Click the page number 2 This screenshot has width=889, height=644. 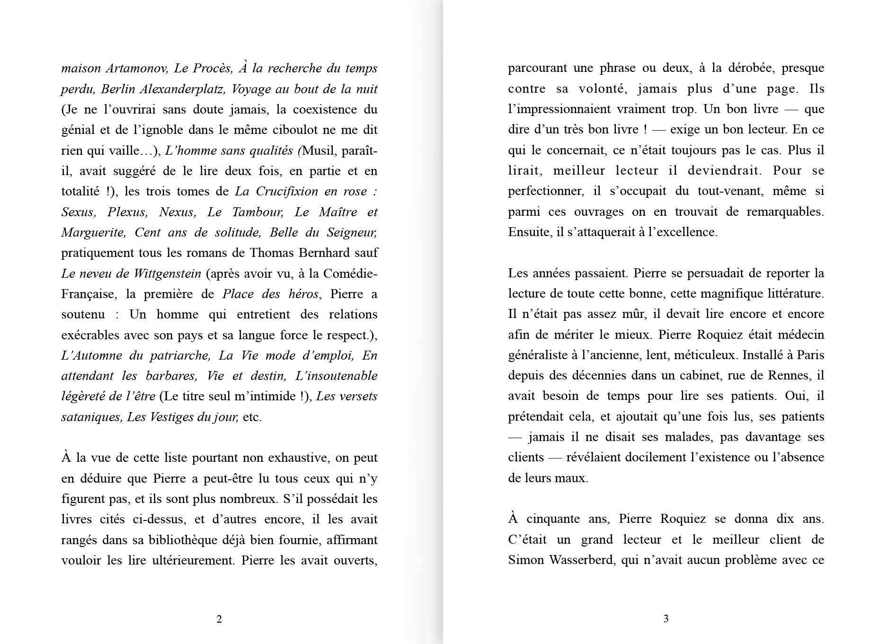click(x=219, y=619)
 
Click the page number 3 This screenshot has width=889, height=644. click(x=666, y=618)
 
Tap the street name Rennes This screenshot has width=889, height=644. click(x=781, y=376)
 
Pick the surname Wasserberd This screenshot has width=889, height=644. click(x=581, y=560)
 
